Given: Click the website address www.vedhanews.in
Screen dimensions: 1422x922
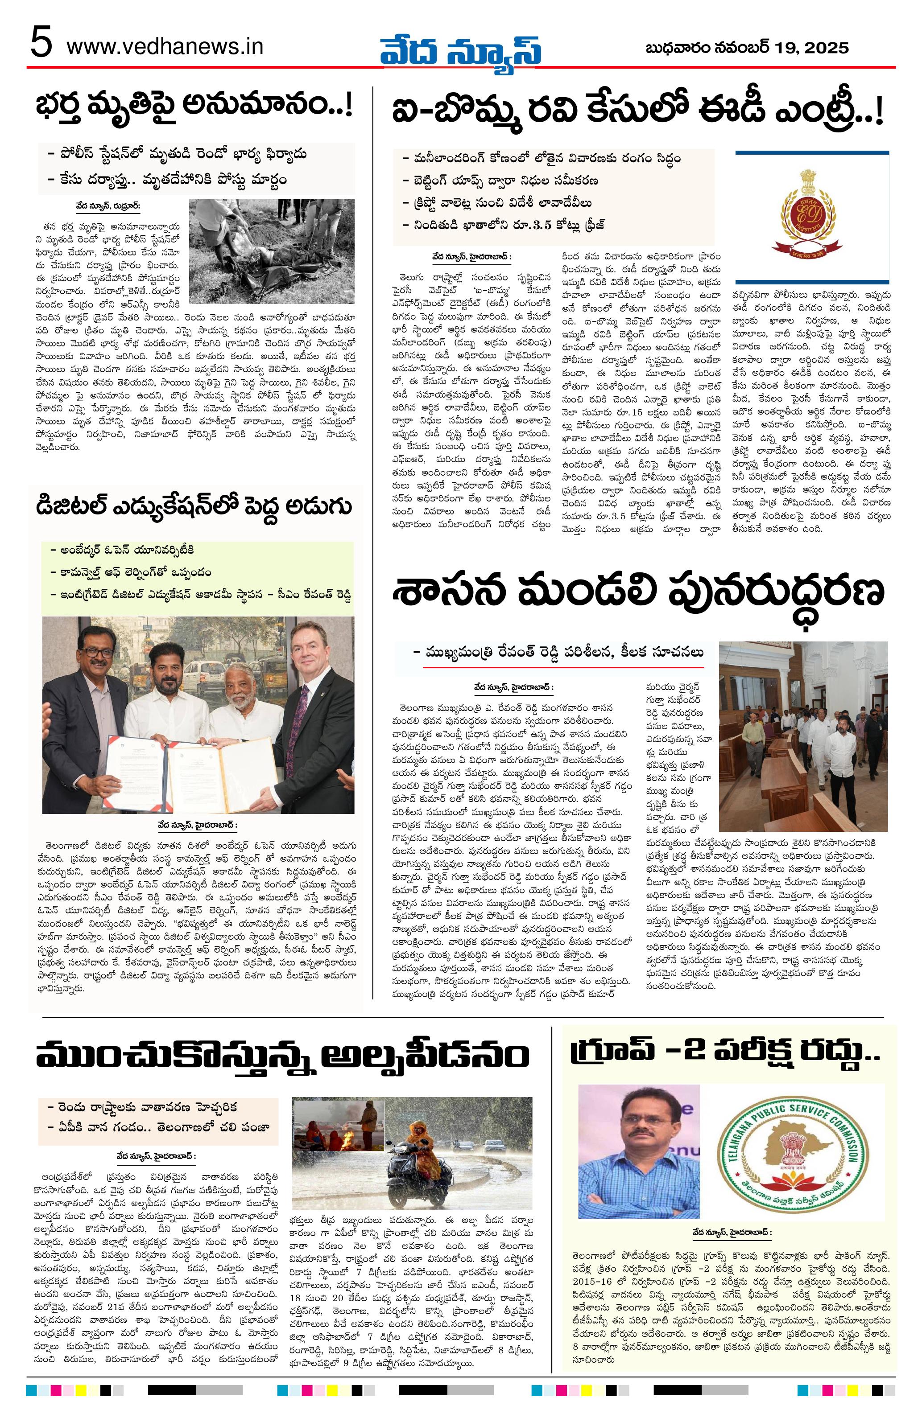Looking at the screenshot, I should coord(165,46).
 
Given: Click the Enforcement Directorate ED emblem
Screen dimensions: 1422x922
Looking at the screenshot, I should coord(811,216).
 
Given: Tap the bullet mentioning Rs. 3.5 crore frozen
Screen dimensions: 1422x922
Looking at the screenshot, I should coord(504,225).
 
